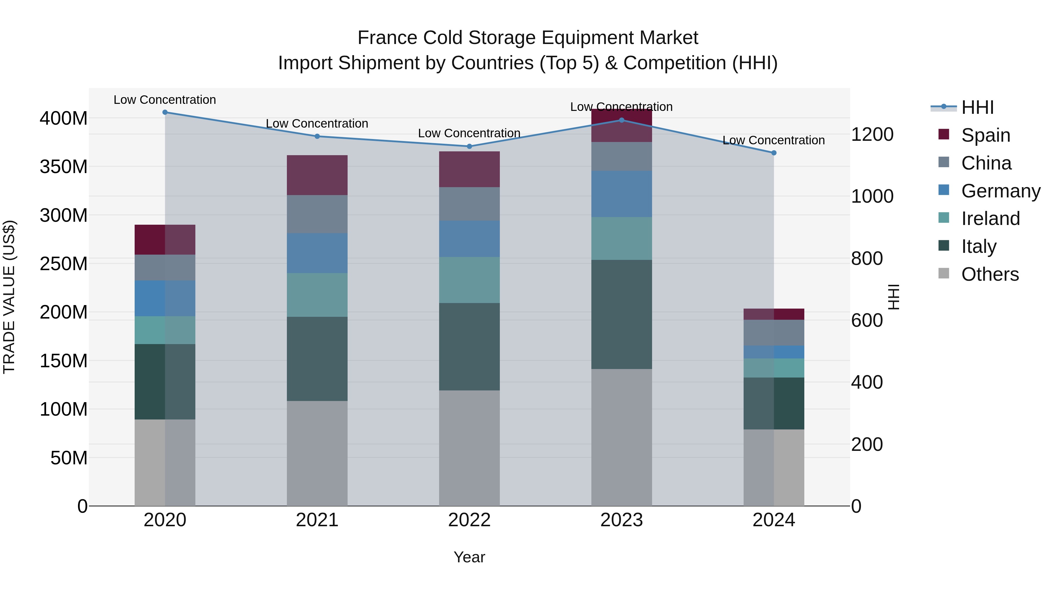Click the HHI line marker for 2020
(x=165, y=112)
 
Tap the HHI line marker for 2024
(x=774, y=153)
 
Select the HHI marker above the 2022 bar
(x=469, y=146)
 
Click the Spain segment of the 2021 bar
(x=317, y=175)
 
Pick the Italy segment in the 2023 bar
(x=622, y=314)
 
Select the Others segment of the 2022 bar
(x=469, y=448)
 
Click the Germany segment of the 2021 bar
(x=317, y=253)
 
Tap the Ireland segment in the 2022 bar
(x=469, y=280)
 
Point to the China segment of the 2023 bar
(x=622, y=157)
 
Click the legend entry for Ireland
(x=990, y=219)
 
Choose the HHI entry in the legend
(x=977, y=107)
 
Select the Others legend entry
(x=990, y=274)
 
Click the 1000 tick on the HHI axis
(x=872, y=196)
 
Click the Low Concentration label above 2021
(x=317, y=123)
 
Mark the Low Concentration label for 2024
(x=774, y=140)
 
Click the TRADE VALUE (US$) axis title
(x=9, y=297)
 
